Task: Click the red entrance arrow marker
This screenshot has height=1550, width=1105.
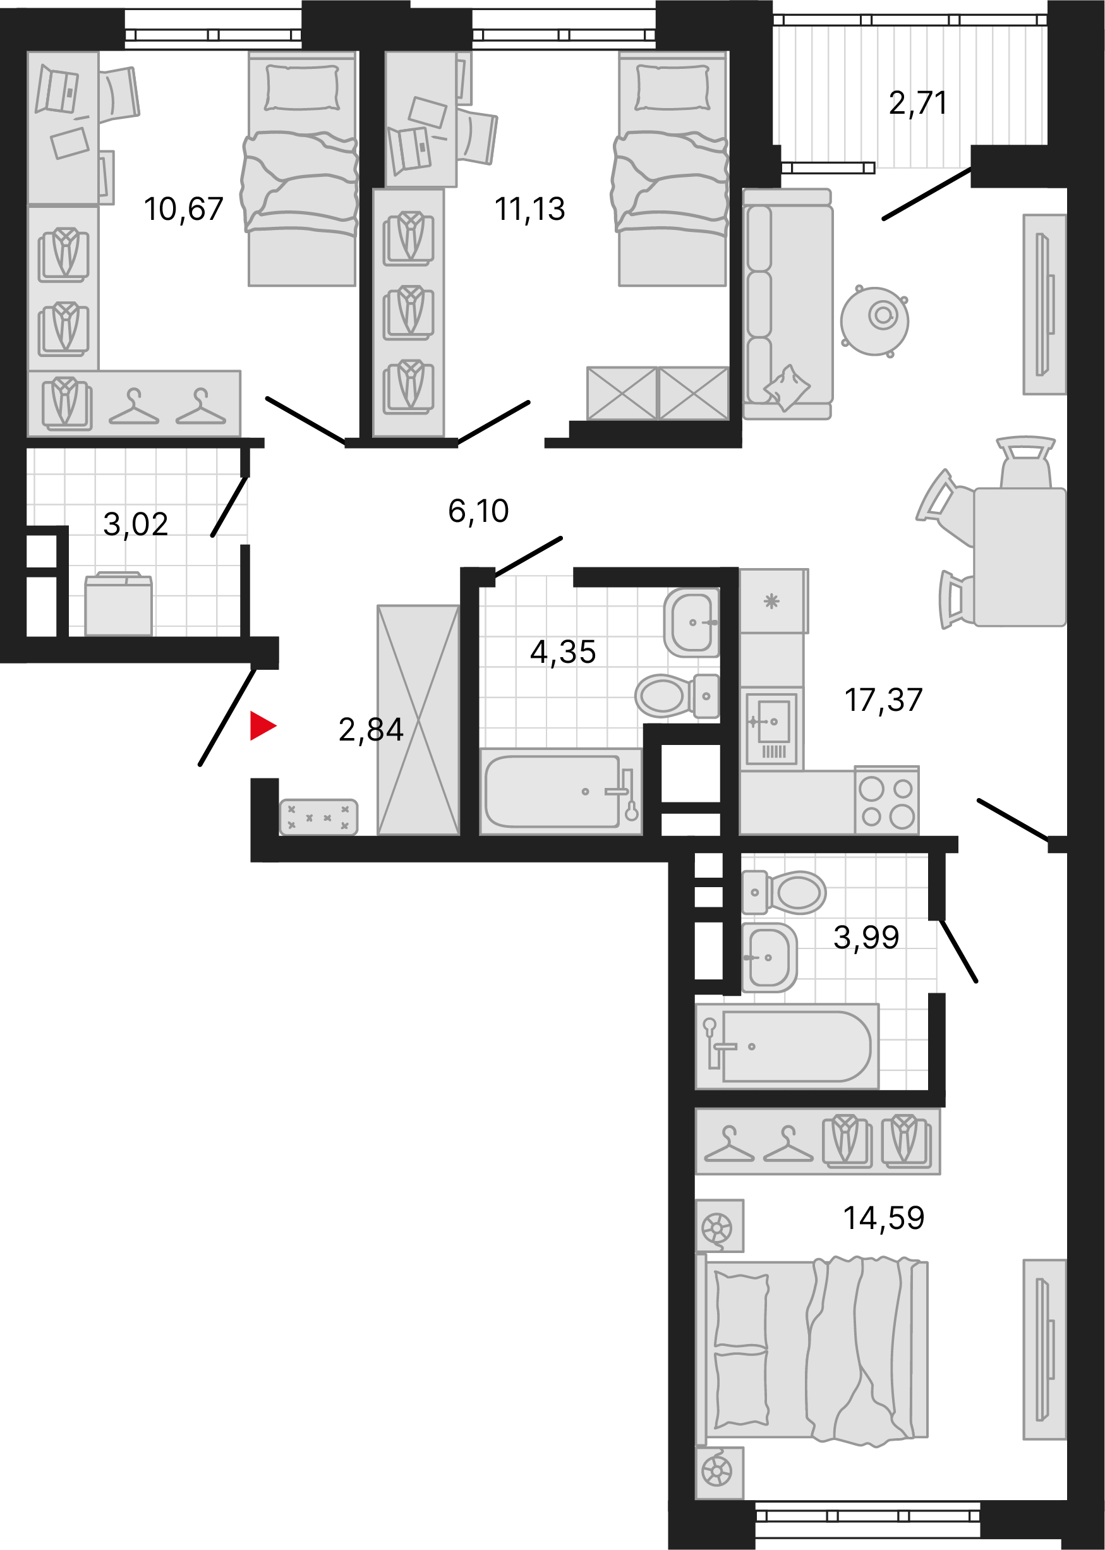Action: coord(262,725)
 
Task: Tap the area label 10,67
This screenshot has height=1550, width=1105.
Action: coord(184,209)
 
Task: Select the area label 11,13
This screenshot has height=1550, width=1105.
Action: coord(530,209)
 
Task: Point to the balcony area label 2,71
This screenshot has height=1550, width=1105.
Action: coord(918,104)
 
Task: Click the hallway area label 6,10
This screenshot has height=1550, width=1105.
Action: coord(478,511)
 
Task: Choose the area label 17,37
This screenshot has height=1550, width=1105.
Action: coord(883,700)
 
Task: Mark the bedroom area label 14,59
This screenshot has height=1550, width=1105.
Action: coord(884,1218)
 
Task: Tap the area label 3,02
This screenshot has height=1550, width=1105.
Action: coord(135,524)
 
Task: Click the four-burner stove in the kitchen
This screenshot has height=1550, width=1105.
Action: coord(886,801)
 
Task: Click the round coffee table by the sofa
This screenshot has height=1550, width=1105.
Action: coord(874,319)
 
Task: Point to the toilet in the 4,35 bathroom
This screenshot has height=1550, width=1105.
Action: coord(677,696)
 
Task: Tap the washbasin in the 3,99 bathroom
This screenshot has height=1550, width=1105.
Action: coord(769,957)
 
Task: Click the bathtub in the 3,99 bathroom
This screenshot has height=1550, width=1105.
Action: coord(787,1046)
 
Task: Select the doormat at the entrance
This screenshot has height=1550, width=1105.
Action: coord(318,817)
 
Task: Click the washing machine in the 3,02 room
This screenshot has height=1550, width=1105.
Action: coord(118,604)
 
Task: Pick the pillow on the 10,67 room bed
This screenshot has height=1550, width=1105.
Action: coord(302,88)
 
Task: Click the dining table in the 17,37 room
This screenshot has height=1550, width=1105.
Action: coord(1019,557)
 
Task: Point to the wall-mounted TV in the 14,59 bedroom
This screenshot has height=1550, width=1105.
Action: coord(1044,1349)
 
